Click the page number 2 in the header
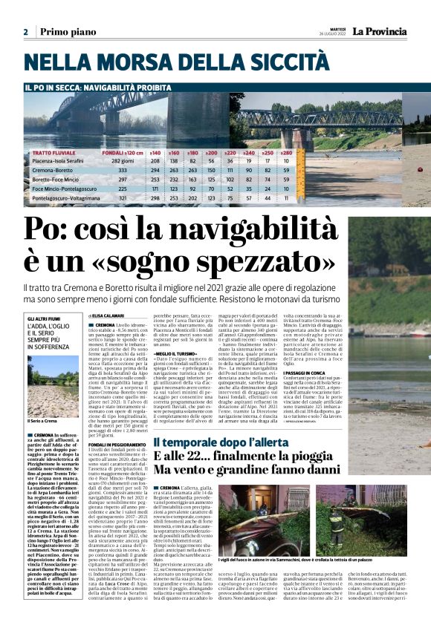pyautogui.click(x=25, y=32)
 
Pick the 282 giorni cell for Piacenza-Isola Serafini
pyautogui.click(x=122, y=160)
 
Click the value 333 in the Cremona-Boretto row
pyautogui.click(x=122, y=170)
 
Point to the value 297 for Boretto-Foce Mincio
pyautogui.click(x=122, y=180)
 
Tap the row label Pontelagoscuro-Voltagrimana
pyautogui.click(x=66, y=198)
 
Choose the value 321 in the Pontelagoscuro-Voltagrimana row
pyautogui.click(x=122, y=198)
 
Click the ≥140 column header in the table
pyautogui.click(x=155, y=151)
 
